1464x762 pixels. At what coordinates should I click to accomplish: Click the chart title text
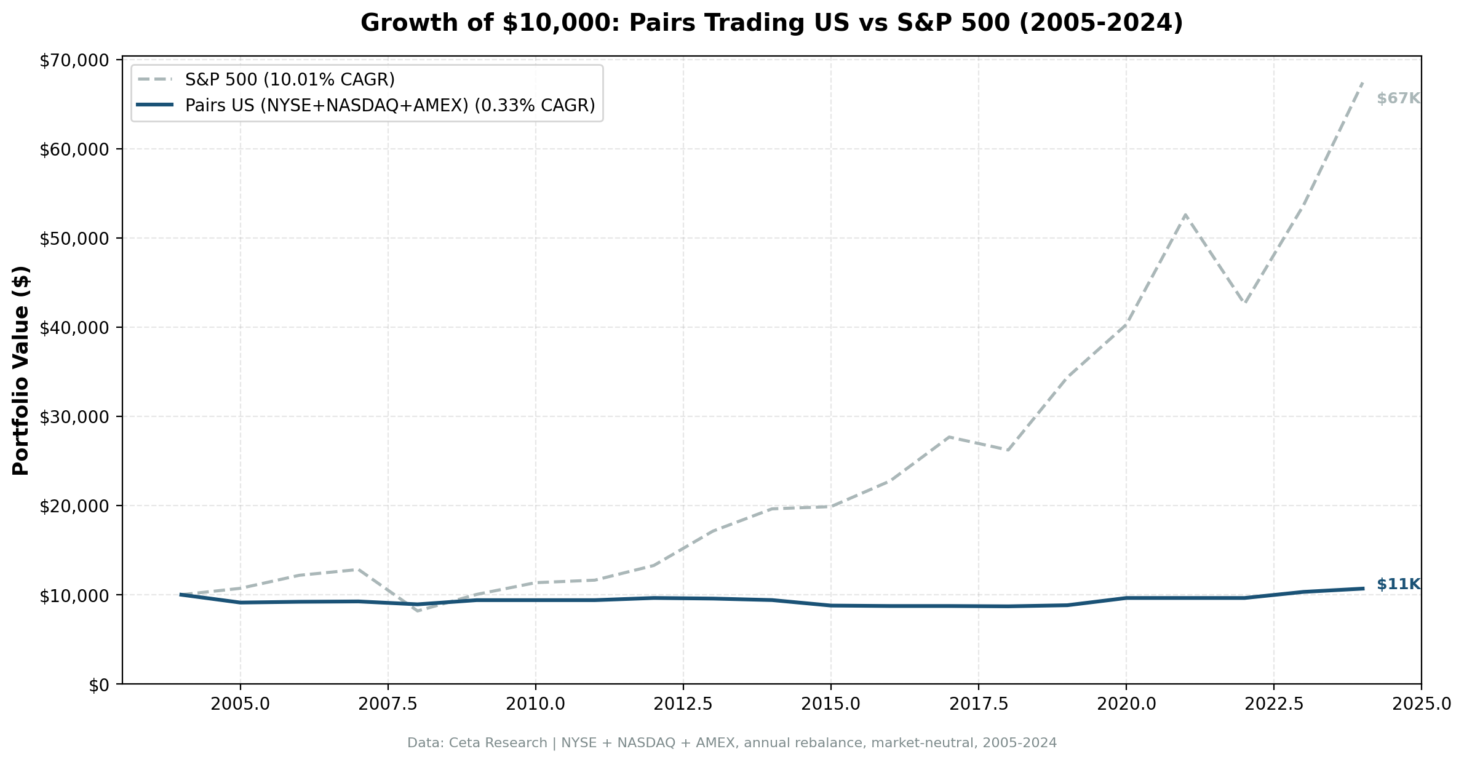click(771, 23)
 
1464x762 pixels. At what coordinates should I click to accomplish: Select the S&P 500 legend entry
click(289, 80)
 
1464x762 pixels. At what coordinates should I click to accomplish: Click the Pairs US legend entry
click(389, 106)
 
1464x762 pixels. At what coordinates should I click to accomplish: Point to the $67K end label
click(1398, 98)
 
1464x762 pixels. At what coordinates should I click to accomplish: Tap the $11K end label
click(1398, 584)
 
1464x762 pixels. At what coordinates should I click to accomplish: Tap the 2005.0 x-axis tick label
click(240, 704)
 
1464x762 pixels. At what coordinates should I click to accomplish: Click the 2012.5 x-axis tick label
click(683, 704)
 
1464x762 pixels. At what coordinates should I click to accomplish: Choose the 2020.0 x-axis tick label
click(1126, 704)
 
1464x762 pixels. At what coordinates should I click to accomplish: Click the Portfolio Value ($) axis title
click(21, 370)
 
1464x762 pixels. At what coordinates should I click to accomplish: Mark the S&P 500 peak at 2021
click(1185, 215)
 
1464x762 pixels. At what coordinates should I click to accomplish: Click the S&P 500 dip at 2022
click(1244, 303)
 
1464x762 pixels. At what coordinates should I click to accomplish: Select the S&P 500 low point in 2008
click(418, 611)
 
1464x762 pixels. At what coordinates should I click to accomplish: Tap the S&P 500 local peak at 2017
click(949, 437)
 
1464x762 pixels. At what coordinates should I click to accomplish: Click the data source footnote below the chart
click(732, 743)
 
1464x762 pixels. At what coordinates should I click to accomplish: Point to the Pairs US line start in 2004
click(181, 595)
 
